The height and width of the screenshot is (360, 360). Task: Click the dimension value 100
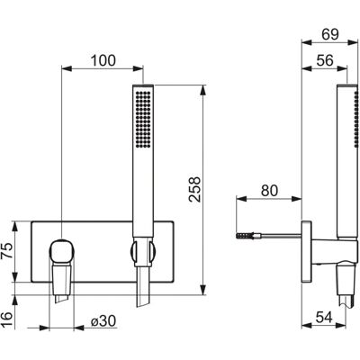(x=103, y=60)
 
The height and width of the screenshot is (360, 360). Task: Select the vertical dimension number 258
(x=195, y=189)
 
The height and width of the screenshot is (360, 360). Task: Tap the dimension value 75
(x=8, y=251)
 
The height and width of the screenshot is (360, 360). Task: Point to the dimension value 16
(x=8, y=320)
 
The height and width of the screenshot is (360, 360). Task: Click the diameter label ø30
(x=103, y=321)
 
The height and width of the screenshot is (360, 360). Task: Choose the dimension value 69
(x=330, y=34)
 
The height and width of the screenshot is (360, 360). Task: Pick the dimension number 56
(x=325, y=60)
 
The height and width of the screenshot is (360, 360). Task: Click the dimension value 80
(x=269, y=191)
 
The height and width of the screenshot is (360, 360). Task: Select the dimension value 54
(x=324, y=318)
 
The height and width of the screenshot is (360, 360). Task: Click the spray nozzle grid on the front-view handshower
(x=143, y=119)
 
